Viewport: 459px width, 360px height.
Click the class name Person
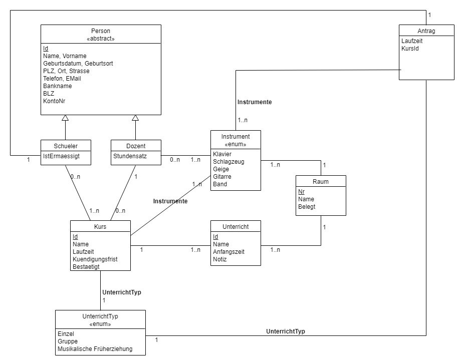[x=101, y=31]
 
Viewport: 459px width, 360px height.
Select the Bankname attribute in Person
[x=57, y=86]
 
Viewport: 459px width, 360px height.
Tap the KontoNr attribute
[x=54, y=101]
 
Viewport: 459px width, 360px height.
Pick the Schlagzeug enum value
[x=228, y=162]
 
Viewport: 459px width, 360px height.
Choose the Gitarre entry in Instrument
[x=222, y=177]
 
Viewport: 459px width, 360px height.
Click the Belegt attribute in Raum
[x=307, y=206]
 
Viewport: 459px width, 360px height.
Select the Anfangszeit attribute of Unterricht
[x=228, y=252]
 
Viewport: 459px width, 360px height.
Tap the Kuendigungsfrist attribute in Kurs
[x=96, y=259]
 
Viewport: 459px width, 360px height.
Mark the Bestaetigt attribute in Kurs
[x=86, y=267]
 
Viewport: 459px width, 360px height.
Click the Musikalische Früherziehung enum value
[x=95, y=349]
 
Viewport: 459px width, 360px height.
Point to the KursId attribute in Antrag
[x=410, y=49]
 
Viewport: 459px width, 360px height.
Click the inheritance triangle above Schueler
[x=65, y=118]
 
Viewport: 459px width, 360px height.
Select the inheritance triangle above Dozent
[x=135, y=118]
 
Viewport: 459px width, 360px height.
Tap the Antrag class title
[x=426, y=31]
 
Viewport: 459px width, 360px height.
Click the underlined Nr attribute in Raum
[x=301, y=191]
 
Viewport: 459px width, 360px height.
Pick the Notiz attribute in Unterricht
[x=220, y=259]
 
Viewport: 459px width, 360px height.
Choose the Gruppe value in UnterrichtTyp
[x=67, y=341]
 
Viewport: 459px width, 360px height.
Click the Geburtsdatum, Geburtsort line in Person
[x=78, y=64]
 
